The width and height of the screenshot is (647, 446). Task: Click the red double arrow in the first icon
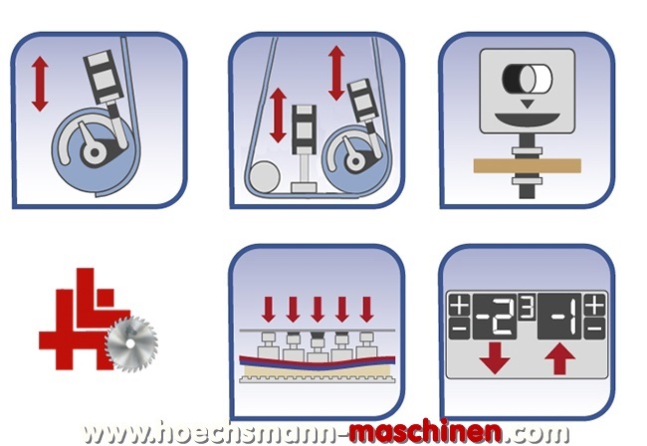click(x=40, y=85)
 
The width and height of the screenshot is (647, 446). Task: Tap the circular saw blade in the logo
click(x=131, y=344)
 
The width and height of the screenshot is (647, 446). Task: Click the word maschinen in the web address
click(x=425, y=432)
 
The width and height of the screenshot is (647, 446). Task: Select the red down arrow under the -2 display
click(x=495, y=357)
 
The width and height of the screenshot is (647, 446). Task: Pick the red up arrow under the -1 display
click(x=560, y=359)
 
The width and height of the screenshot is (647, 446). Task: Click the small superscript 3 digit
click(x=528, y=307)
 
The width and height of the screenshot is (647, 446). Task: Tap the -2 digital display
click(x=494, y=317)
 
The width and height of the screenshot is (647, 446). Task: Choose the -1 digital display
click(x=559, y=317)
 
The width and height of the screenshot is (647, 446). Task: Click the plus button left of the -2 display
click(x=459, y=306)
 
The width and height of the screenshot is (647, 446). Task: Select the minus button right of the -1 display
click(x=594, y=329)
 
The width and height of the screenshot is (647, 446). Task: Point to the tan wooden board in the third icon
click(x=528, y=166)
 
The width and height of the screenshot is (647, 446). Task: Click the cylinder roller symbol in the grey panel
click(x=527, y=78)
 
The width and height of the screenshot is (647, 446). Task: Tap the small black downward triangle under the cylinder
click(x=527, y=104)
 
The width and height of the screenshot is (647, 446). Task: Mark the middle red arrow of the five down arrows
click(x=318, y=309)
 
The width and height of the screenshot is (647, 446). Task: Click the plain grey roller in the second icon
click(x=264, y=177)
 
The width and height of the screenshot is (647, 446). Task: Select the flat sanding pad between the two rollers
click(x=305, y=188)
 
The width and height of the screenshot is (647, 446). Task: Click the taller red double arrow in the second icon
click(x=336, y=73)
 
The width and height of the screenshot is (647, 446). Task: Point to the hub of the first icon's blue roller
click(x=95, y=152)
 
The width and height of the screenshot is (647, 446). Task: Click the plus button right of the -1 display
click(x=594, y=306)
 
